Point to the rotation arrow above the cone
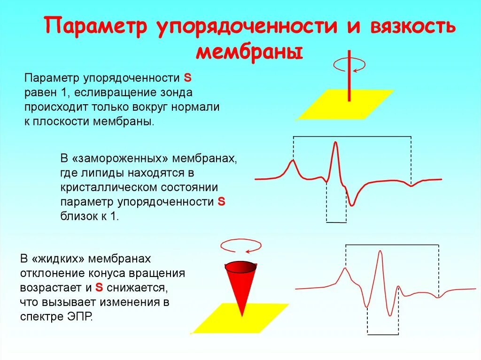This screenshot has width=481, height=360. (240, 245)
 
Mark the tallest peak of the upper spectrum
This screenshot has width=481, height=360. (335, 143)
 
